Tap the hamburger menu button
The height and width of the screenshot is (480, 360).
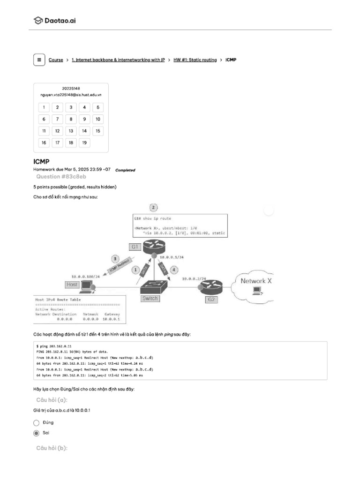click(39, 60)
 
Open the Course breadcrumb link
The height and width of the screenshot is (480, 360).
click(56, 60)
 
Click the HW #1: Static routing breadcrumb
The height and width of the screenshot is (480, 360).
click(195, 60)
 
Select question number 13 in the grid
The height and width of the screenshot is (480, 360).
click(71, 131)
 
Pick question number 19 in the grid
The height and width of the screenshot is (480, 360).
click(84, 142)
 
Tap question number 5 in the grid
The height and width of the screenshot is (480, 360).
click(97, 107)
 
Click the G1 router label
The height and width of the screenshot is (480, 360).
click(135, 246)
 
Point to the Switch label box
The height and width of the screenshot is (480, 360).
click(150, 298)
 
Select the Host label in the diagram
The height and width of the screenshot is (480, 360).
click(72, 284)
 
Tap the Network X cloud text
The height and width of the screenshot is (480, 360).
click(256, 281)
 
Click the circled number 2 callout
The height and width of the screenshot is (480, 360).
click(153, 207)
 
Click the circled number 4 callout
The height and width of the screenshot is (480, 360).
click(174, 270)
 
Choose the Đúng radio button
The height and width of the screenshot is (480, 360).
click(36, 422)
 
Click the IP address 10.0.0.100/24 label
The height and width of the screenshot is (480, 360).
click(86, 276)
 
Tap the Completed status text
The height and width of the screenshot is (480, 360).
click(125, 170)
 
